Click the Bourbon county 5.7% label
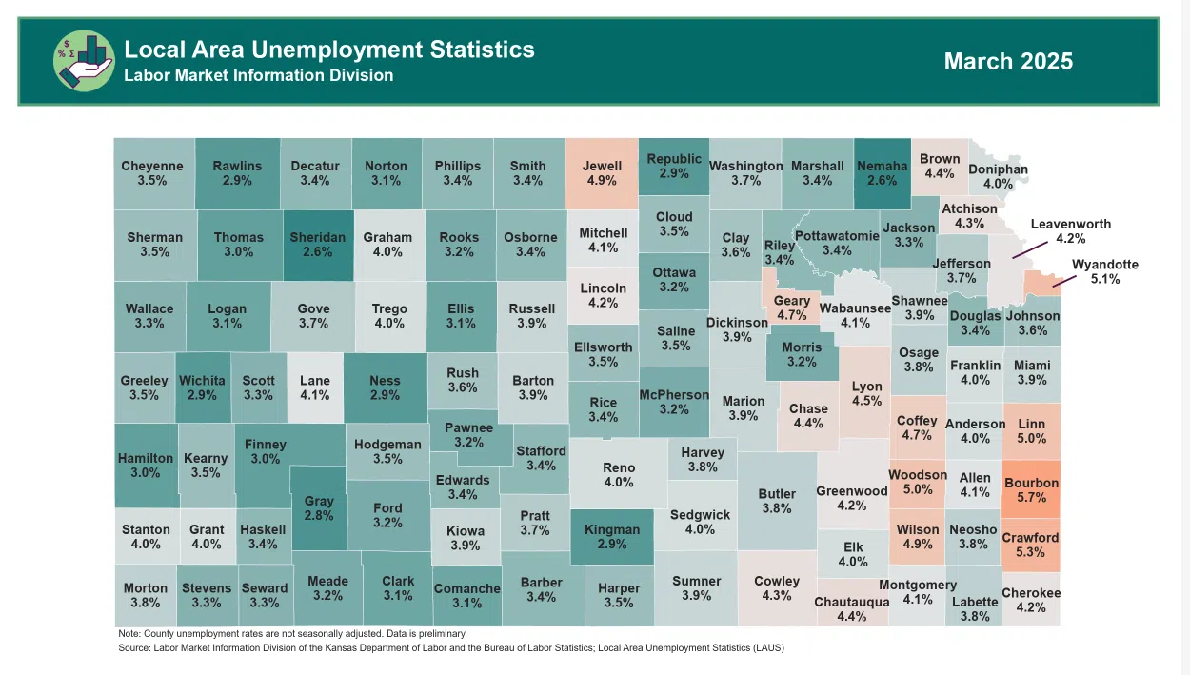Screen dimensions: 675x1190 (1031, 490)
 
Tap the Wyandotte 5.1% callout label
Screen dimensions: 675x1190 (1104, 272)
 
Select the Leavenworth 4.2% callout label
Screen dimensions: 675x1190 (1070, 231)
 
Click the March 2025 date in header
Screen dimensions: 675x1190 (1008, 62)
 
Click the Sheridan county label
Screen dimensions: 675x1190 (318, 245)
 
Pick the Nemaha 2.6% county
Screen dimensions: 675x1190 (882, 172)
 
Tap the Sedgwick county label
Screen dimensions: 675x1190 (700, 522)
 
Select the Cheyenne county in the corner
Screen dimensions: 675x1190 (152, 172)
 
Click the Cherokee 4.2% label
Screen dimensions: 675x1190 (1031, 600)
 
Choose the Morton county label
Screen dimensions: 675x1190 (146, 595)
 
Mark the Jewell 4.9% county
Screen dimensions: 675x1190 (602, 172)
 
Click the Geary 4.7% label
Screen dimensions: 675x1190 (792, 308)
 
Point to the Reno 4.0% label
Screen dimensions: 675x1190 (619, 475)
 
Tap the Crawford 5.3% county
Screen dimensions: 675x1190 (1030, 545)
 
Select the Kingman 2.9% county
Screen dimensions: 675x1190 (611, 537)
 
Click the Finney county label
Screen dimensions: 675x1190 (266, 451)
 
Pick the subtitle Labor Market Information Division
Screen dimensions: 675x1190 (258, 75)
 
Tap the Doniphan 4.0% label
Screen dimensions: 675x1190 (998, 176)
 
